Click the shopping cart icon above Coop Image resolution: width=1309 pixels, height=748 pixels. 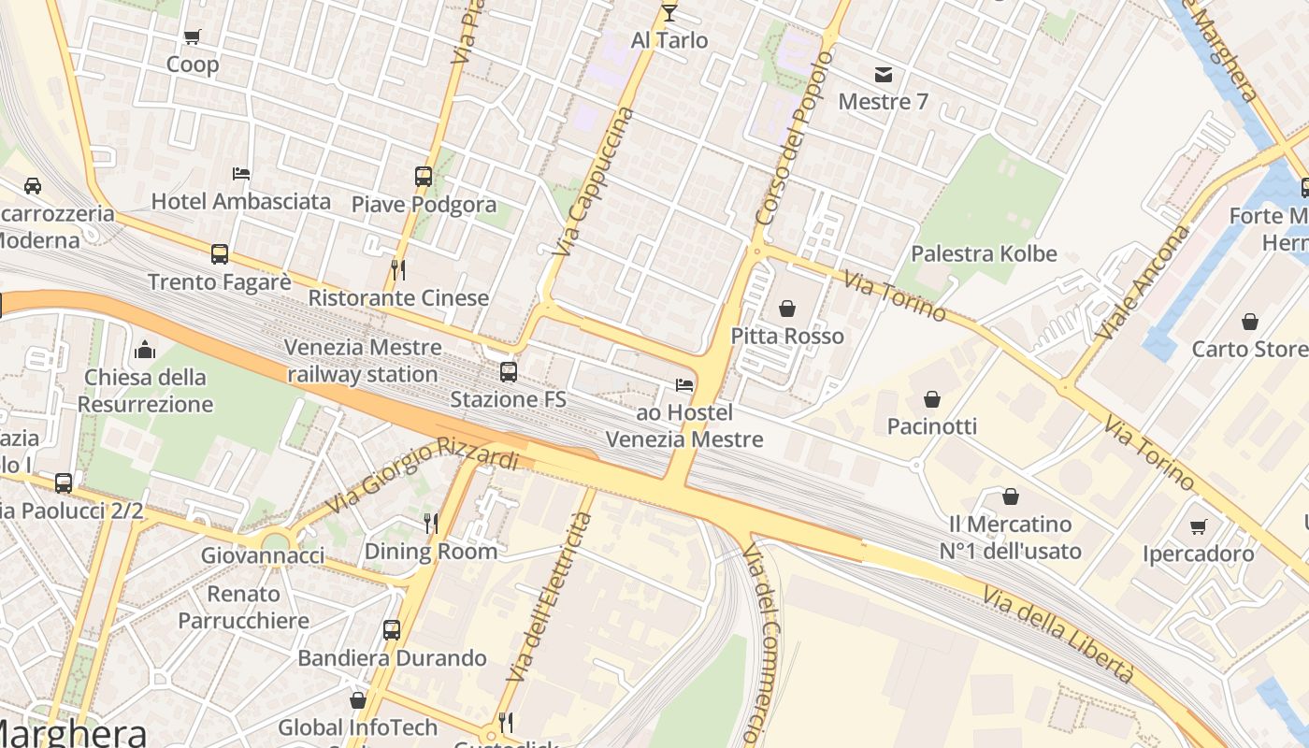192,37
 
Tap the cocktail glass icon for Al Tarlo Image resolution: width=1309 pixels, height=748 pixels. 669,12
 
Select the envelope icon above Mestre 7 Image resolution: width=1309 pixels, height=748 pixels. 883,74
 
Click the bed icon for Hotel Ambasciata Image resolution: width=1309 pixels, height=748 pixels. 240,174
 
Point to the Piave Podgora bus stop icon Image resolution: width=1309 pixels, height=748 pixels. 424,176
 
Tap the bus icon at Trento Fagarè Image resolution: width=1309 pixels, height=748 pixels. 220,253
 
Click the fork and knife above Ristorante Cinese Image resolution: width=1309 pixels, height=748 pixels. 398,270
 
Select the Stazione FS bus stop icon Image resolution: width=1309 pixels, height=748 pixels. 508,372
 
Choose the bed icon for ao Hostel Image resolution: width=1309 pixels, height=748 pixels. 684,385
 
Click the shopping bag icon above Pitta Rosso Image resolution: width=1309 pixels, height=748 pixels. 787,309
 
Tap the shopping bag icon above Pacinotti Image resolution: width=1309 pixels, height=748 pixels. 931,399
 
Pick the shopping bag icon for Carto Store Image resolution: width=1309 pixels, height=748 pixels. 1249,323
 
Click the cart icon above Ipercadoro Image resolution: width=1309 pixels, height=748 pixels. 1198,526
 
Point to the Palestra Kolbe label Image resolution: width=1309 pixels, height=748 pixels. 984,253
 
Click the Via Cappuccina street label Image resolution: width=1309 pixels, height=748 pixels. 593,182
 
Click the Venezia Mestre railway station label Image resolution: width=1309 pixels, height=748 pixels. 363,361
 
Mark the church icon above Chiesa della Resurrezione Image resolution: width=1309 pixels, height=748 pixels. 145,351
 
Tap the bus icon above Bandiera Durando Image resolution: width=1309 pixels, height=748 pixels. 392,629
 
